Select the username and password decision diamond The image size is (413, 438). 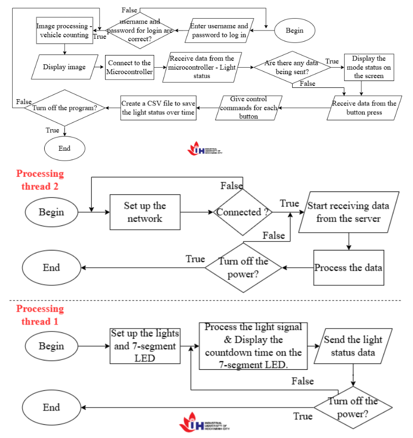(x=140, y=30)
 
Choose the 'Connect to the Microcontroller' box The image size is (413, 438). (x=130, y=67)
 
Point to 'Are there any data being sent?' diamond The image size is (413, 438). (x=291, y=67)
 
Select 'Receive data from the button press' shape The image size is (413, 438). (x=364, y=108)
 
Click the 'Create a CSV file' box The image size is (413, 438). (x=159, y=108)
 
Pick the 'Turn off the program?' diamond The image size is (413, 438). (x=64, y=108)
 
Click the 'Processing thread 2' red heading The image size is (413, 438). (x=40, y=180)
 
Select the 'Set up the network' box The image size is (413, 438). (x=144, y=212)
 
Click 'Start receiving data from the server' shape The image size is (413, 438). (x=348, y=212)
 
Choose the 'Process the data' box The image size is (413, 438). (x=348, y=268)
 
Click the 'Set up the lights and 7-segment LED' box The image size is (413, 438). (x=144, y=346)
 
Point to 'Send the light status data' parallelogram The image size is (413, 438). (x=353, y=346)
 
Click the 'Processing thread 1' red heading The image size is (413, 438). (x=40, y=315)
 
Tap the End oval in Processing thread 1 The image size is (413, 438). (x=51, y=407)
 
